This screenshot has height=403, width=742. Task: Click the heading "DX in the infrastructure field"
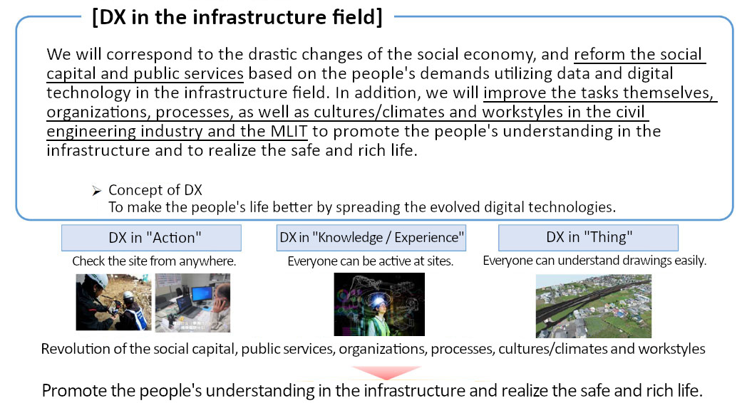click(237, 18)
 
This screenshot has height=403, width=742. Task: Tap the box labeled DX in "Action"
click(151, 238)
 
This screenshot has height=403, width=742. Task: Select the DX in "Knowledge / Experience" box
click(371, 238)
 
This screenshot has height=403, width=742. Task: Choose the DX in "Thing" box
click(588, 238)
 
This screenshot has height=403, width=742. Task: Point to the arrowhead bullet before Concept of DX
click(96, 191)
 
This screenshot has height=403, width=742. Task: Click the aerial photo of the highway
click(594, 306)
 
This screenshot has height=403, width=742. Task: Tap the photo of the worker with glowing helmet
click(379, 304)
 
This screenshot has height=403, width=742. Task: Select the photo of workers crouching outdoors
click(113, 302)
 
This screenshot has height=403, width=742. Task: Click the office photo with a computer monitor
click(192, 303)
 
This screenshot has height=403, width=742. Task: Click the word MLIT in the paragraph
click(289, 131)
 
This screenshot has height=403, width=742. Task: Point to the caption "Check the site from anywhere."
click(154, 261)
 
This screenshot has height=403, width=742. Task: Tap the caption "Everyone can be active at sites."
click(371, 261)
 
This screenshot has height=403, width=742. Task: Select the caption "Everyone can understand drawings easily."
click(594, 261)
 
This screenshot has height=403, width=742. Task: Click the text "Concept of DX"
click(155, 190)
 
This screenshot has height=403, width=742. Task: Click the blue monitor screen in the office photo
click(202, 295)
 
